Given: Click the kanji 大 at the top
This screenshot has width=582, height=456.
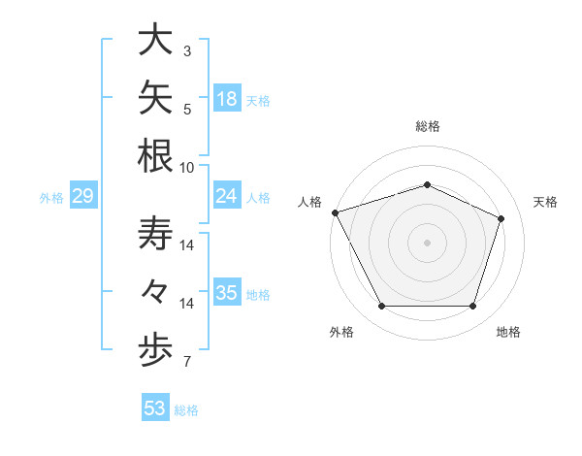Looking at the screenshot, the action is tap(155, 39).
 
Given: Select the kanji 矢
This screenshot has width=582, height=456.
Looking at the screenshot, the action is tap(155, 97).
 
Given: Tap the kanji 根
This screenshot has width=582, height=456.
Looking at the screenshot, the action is tap(155, 155).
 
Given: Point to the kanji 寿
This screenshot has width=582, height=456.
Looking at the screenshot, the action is tap(155, 233).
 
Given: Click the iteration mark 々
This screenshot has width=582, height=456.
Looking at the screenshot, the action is tap(154, 291).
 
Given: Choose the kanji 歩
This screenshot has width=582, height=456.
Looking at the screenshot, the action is tap(155, 350).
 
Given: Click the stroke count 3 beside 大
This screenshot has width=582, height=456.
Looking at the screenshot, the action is tap(187, 50).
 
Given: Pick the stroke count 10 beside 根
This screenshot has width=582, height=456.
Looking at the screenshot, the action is tap(186, 168).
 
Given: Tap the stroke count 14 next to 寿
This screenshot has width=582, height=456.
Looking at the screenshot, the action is tap(186, 245).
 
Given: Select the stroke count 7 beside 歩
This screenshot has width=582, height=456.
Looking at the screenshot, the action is tap(187, 361).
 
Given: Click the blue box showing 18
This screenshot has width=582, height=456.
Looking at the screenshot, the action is tap(227, 98).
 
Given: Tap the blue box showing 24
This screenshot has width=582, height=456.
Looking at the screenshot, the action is tap(227, 195).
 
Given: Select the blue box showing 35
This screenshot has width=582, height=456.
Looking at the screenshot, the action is tap(227, 291).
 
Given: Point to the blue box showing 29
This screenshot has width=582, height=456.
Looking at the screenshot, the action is tap(83, 195).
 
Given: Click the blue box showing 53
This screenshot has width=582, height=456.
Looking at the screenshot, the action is tap(155, 407).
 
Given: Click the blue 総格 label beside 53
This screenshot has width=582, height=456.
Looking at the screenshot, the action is tap(186, 410).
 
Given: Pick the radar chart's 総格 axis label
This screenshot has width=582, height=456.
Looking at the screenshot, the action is tap(428, 126).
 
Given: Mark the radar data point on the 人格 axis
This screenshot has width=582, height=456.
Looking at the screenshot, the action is tap(336, 212).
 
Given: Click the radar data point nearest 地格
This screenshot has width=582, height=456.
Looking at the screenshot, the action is tap(472, 307).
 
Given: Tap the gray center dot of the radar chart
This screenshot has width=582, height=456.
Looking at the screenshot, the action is tap(427, 243).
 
